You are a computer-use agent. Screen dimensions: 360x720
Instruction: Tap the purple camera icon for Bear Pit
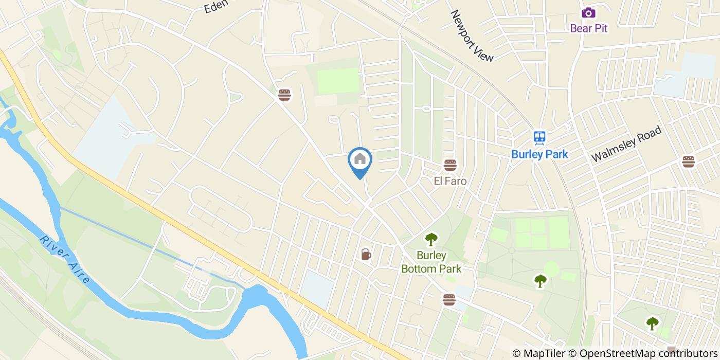click(588, 13)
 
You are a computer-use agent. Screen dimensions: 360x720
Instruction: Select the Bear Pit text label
click(588, 28)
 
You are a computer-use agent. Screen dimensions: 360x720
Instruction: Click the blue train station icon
click(539, 137)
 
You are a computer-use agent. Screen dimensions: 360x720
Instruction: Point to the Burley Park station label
click(539, 154)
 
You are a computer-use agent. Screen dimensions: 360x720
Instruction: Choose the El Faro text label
click(450, 181)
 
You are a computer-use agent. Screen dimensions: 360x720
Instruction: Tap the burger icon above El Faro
click(450, 165)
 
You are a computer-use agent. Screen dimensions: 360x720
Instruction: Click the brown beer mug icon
click(366, 254)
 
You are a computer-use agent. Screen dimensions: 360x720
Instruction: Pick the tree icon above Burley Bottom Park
click(430, 239)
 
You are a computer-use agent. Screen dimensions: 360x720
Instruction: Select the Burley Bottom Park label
click(431, 262)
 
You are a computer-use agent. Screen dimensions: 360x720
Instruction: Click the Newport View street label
click(472, 35)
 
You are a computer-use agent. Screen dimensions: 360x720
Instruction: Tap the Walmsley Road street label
click(626, 145)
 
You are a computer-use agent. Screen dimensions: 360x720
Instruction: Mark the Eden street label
click(215, 7)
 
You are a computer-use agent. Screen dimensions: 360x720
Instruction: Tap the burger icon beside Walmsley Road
click(688, 161)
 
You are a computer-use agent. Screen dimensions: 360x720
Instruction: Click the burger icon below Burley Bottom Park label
click(449, 300)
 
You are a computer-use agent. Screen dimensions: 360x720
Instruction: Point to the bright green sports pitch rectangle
click(337, 81)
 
